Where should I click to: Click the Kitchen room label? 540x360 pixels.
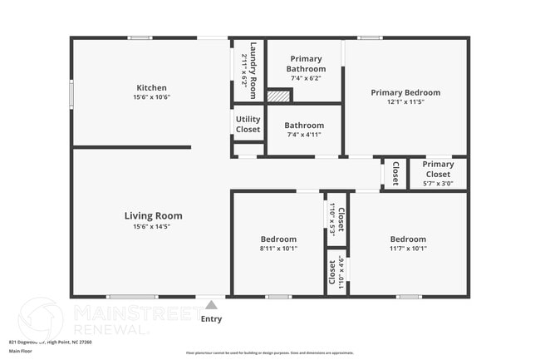(x=152, y=87)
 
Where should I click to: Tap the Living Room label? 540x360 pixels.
(x=153, y=216)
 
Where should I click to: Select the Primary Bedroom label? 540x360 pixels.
(x=405, y=92)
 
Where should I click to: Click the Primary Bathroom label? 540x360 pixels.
(x=304, y=64)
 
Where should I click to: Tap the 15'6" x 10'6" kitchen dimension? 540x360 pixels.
(x=152, y=97)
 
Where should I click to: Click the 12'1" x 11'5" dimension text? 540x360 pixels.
(x=405, y=102)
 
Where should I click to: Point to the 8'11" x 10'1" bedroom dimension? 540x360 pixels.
(x=278, y=248)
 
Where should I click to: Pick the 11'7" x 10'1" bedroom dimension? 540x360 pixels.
(x=408, y=248)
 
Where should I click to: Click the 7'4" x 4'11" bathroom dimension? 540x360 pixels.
(x=304, y=135)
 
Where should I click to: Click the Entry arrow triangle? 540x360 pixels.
(x=212, y=305)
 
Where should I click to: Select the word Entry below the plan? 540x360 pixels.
(x=212, y=318)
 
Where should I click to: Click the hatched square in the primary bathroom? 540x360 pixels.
(x=278, y=96)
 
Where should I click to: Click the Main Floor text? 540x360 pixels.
(x=21, y=351)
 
